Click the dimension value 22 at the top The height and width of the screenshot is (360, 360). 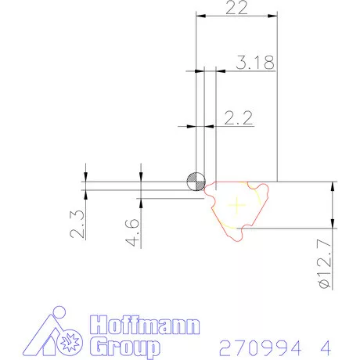point(236,8)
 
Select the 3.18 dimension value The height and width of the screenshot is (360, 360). point(255,63)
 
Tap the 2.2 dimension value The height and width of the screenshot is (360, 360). point(239,118)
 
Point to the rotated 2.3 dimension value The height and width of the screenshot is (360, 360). point(77,224)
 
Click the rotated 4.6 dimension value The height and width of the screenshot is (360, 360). point(132,232)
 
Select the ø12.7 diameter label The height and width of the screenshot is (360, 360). point(325,264)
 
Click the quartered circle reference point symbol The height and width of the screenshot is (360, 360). point(196,182)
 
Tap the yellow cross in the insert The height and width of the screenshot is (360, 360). point(237,205)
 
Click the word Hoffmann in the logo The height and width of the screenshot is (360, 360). point(145,325)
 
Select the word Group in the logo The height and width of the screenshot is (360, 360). point(125,347)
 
